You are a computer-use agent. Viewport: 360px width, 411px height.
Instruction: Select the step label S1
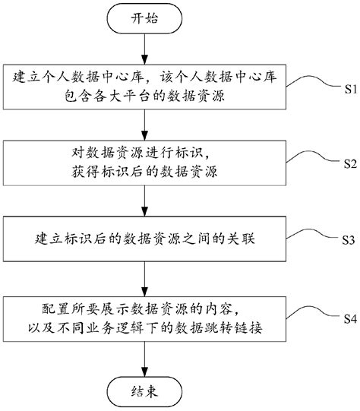(x=345, y=88)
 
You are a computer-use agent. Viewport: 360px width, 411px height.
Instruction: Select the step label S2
(x=345, y=163)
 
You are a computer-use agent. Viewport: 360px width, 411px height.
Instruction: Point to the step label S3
(x=345, y=239)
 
